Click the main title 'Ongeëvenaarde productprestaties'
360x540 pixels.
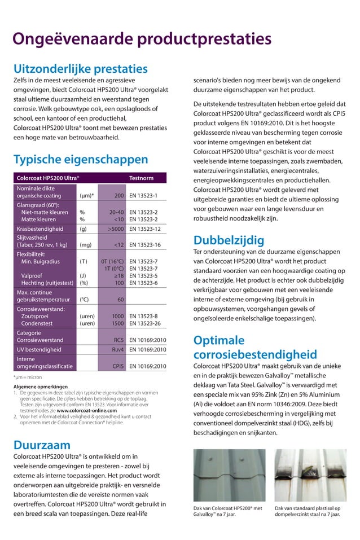click(142, 39)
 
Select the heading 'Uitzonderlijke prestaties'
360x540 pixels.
click(80, 69)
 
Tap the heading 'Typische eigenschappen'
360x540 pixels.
click(81, 159)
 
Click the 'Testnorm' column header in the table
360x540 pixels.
click(141, 178)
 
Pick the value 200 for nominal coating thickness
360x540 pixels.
click(118, 196)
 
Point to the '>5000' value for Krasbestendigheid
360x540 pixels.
click(116, 229)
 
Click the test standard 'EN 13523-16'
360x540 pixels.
click(145, 245)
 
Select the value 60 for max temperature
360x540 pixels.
click(120, 300)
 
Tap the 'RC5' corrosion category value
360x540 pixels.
click(118, 340)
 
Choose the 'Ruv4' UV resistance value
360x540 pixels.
click(117, 350)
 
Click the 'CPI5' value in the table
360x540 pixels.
click(118, 366)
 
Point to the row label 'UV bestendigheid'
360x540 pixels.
click(39, 350)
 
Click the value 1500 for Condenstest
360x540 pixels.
click(117, 324)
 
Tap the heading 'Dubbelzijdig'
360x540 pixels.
click(229, 240)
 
